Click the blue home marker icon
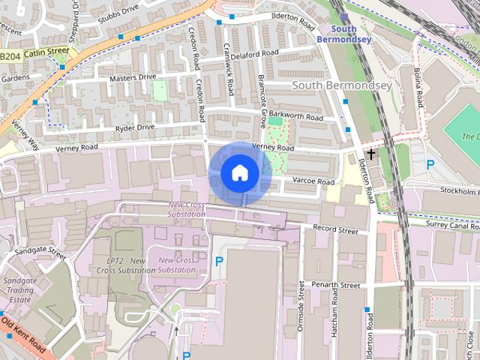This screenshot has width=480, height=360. click(240, 173)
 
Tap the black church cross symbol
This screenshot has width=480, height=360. click(370, 152)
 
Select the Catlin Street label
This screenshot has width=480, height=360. click(46, 52)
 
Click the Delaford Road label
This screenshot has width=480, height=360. click(256, 54)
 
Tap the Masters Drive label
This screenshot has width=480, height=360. click(133, 76)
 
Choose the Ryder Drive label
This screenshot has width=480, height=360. click(135, 127)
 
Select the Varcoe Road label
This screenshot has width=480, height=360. click(313, 181)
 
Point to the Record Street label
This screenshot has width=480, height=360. click(335, 229)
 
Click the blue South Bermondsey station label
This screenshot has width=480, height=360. click(343, 34)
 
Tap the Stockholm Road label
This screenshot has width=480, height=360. click(454, 190)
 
